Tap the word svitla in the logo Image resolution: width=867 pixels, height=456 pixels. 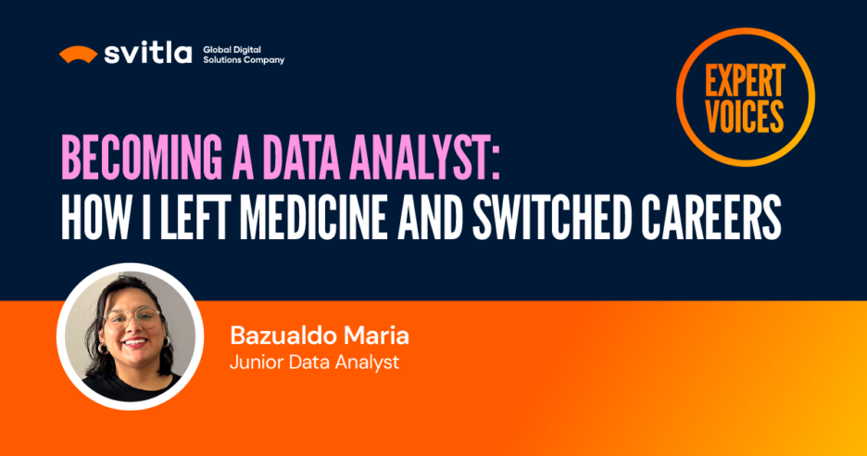147,53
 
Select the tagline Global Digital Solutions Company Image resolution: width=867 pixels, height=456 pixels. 244,55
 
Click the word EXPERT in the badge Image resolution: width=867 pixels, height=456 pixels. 745,81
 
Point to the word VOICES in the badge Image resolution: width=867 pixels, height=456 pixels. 745,116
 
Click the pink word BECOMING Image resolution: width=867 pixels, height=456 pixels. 142,158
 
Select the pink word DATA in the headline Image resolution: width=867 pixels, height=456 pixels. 300,158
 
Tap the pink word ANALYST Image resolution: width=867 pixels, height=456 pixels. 419,158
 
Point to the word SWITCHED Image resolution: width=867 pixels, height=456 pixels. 551,217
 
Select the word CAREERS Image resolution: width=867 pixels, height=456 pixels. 711,217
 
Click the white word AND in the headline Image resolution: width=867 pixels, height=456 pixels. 430,217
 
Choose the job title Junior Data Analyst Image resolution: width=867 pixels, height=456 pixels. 314,362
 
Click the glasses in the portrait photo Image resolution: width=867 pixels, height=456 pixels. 133,317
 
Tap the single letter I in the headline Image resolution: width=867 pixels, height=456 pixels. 145,217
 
